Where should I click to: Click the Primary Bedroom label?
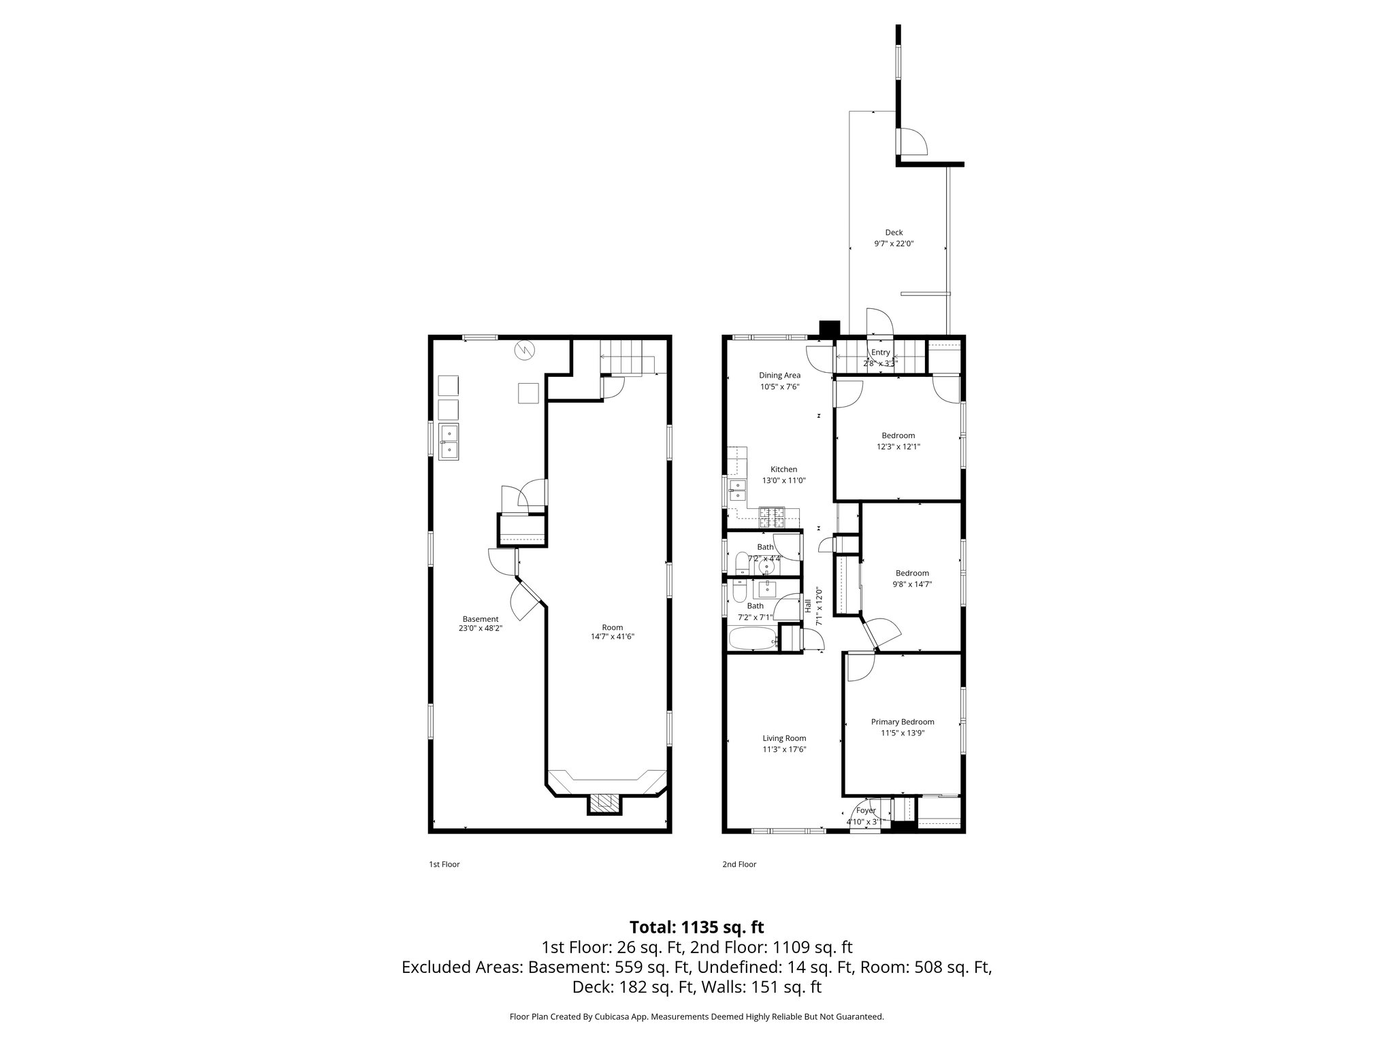click(903, 722)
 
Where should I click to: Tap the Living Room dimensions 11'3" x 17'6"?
click(784, 749)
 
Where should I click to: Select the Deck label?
click(894, 233)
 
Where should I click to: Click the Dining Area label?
click(779, 375)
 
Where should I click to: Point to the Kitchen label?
click(783, 469)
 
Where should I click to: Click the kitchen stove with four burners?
click(772, 518)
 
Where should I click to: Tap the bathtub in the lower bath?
click(752, 640)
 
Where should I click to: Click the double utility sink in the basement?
click(449, 442)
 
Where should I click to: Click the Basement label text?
click(481, 619)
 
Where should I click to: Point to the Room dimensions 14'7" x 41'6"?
click(613, 637)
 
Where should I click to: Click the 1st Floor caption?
click(444, 865)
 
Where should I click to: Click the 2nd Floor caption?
click(739, 865)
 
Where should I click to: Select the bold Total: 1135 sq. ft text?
click(696, 927)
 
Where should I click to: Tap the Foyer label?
click(866, 810)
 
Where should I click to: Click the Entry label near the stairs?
click(880, 352)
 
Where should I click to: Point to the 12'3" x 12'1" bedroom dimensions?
click(898, 447)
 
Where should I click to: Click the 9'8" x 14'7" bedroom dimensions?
click(912, 584)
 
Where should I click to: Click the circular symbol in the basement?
click(525, 350)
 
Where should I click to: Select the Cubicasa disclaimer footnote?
click(696, 1017)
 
